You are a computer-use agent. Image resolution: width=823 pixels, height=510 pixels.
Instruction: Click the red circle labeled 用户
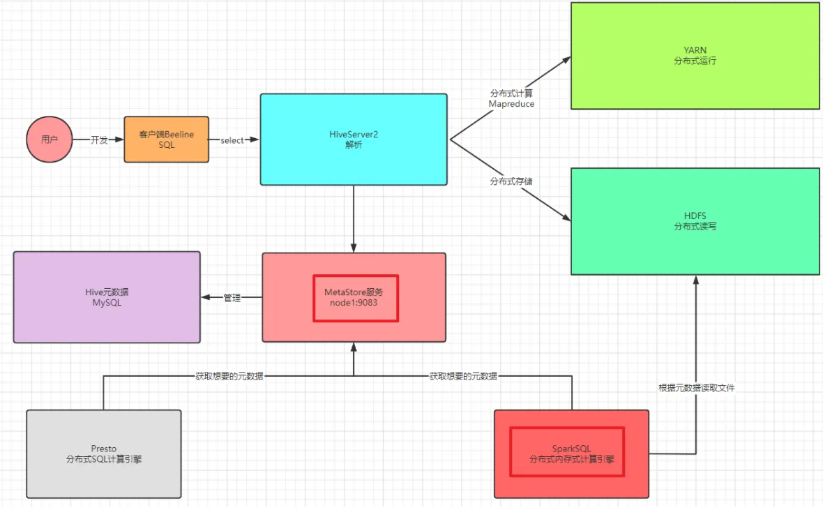(50, 140)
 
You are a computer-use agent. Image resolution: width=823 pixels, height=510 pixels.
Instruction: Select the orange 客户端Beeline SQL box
(167, 140)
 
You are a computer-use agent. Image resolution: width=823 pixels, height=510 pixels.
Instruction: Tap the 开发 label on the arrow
(100, 140)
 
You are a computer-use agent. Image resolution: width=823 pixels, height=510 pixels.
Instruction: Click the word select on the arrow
(232, 140)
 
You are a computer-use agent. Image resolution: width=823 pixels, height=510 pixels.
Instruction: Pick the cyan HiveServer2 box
(354, 140)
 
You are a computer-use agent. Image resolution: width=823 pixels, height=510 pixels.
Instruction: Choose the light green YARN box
(695, 56)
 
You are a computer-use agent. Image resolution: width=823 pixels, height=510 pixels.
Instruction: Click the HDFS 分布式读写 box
(695, 221)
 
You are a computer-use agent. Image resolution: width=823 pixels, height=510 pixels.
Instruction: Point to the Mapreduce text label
(511, 104)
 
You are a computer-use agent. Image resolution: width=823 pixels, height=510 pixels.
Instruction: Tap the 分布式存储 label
(513, 181)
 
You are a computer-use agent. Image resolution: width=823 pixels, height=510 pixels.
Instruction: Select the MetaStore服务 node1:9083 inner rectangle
(356, 298)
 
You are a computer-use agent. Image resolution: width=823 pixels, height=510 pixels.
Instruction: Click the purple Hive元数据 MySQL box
(107, 297)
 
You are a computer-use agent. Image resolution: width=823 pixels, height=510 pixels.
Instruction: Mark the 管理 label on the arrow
(232, 298)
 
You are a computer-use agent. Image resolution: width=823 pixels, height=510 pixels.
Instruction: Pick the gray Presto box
(104, 453)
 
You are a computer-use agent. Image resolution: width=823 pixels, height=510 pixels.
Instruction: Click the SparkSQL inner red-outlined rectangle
(567, 453)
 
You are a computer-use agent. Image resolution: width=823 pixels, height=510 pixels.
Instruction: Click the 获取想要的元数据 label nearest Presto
(229, 375)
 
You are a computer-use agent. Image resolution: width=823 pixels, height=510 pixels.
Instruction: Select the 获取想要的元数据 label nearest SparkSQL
(463, 375)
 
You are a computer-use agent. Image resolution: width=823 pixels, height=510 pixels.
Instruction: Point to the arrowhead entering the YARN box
(567, 61)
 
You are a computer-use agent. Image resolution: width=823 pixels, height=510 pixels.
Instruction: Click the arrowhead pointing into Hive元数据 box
(206, 298)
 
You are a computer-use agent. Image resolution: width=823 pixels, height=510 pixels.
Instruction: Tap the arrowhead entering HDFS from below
(695, 280)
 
